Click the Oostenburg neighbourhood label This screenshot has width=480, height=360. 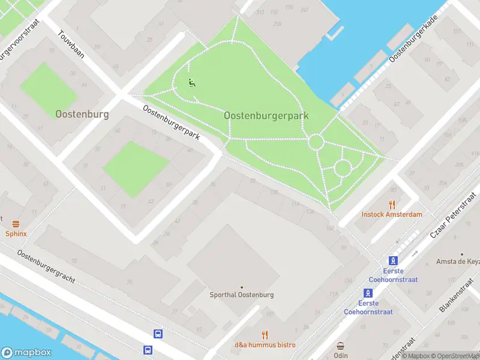click(x=82, y=114)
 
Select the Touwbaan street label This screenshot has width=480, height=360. click(x=71, y=46)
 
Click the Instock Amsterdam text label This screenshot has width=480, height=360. click(x=392, y=214)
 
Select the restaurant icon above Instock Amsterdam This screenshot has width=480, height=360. click(x=392, y=204)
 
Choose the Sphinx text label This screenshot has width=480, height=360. click(x=16, y=233)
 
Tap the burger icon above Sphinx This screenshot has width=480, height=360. click(x=16, y=223)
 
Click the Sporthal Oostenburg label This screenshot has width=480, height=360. click(x=242, y=295)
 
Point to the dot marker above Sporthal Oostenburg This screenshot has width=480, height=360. click(x=242, y=287)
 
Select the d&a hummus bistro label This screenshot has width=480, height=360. click(x=265, y=345)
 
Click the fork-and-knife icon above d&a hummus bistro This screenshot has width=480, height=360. click(x=265, y=335)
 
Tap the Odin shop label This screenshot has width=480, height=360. click(x=341, y=355)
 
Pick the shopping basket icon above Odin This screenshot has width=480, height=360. click(x=341, y=346)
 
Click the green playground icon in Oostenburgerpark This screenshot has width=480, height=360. click(x=191, y=83)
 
